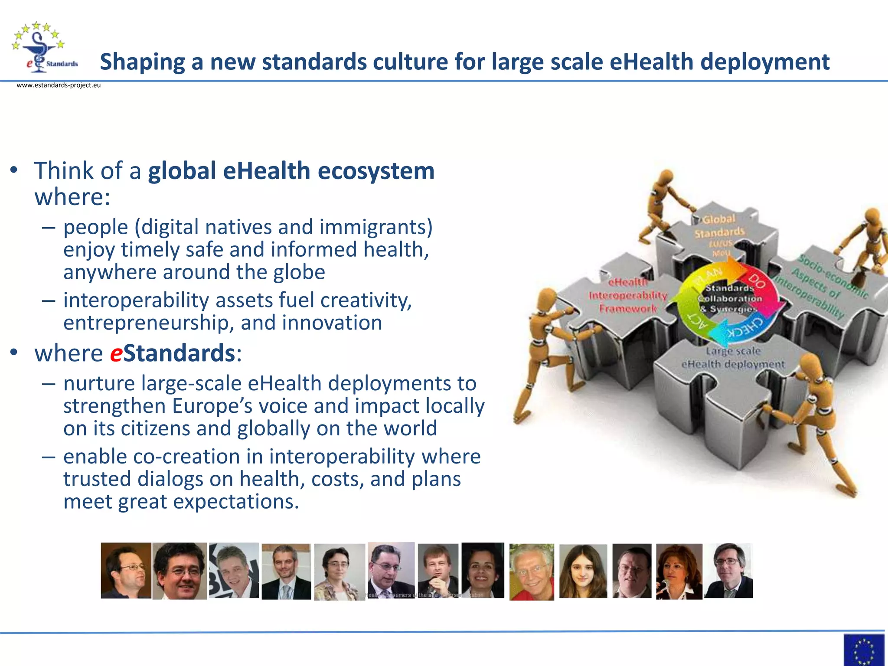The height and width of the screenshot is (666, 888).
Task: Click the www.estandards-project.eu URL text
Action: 59,85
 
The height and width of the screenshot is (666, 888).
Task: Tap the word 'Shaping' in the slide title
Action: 142,62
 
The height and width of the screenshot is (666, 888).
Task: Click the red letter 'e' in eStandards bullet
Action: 116,353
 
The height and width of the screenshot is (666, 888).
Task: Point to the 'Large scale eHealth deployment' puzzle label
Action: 733,358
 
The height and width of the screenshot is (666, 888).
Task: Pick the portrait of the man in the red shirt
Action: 532,571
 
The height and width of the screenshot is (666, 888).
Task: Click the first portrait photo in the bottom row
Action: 126,571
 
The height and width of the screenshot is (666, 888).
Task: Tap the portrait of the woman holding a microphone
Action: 679,571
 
